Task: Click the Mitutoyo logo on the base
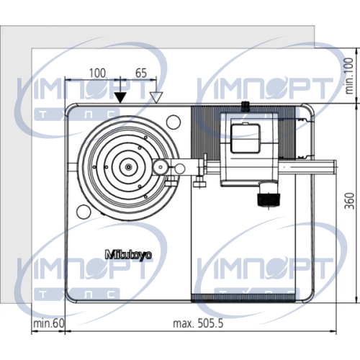pyautogui.click(x=129, y=255)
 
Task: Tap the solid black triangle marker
pyautogui.click(x=120, y=97)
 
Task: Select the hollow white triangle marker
pyautogui.click(x=156, y=97)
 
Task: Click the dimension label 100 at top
pyautogui.click(x=97, y=73)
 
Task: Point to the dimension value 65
pyautogui.click(x=141, y=73)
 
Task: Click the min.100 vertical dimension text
pyautogui.click(x=349, y=76)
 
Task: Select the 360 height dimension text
pyautogui.click(x=349, y=201)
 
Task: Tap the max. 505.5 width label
pyautogui.click(x=198, y=323)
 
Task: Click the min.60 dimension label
pyautogui.click(x=49, y=323)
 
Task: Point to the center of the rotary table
pyautogui.click(x=129, y=167)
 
